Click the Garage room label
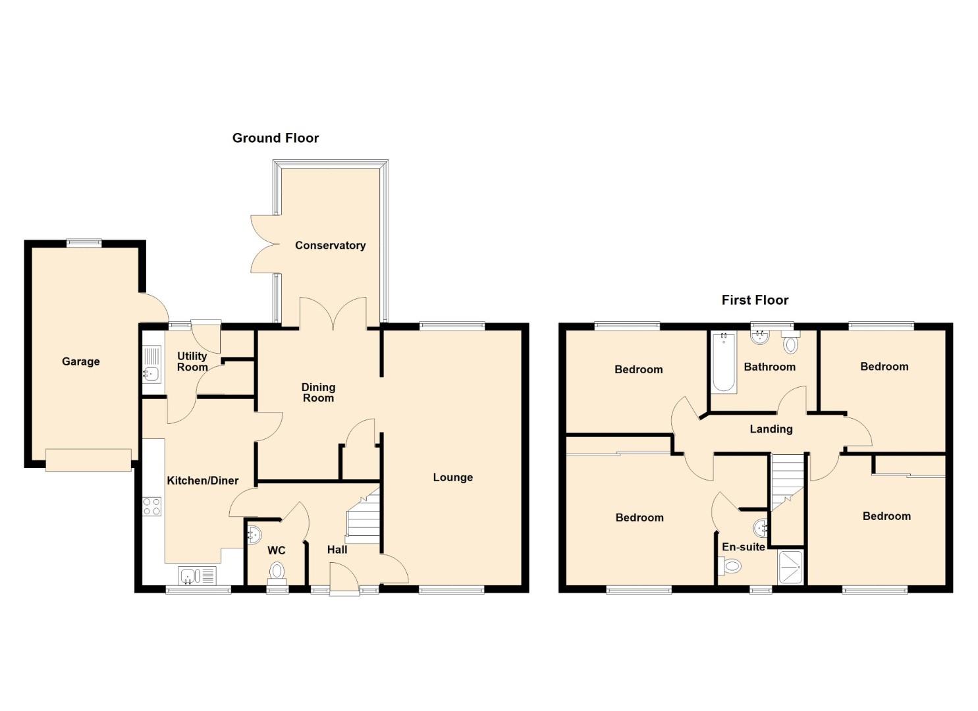click(81, 362)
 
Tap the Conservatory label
click(330, 246)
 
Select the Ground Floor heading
click(275, 138)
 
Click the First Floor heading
click(755, 300)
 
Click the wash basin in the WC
click(254, 535)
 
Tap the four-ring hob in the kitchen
click(152, 507)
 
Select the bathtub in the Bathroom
click(724, 362)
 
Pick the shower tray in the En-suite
click(791, 567)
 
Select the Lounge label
click(452, 477)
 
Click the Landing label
click(771, 429)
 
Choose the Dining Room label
click(318, 392)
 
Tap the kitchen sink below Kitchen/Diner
click(198, 575)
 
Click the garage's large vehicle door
click(89, 460)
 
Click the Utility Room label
click(192, 362)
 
